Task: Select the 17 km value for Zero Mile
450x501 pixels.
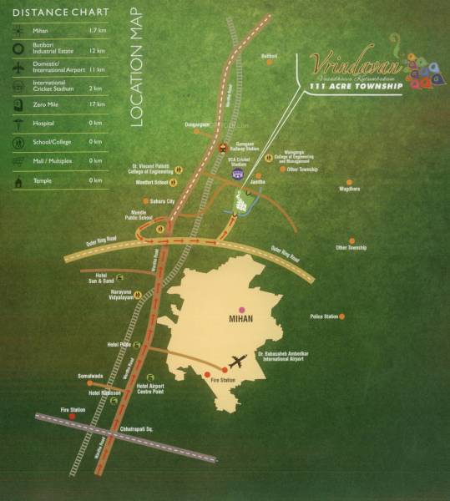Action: tap(96, 104)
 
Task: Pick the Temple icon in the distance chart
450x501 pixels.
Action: tap(18, 180)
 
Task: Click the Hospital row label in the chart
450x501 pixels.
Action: tap(48, 123)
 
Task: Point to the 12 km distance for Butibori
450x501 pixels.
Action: tap(96, 52)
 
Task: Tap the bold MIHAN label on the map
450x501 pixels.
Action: tap(240, 318)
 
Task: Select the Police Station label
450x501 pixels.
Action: tap(324, 316)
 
